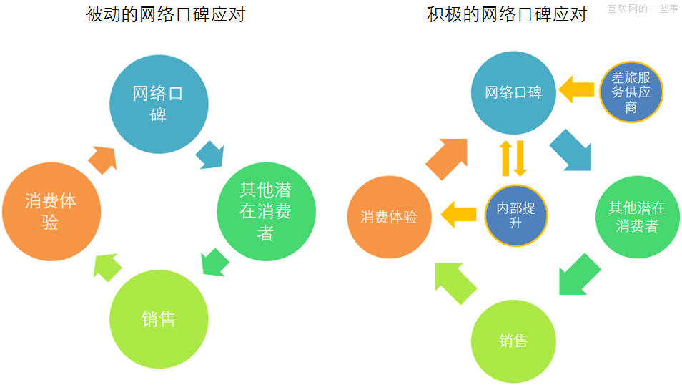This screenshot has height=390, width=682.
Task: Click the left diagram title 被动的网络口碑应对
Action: pos(165,15)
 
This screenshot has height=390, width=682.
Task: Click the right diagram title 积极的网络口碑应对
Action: pos(506,15)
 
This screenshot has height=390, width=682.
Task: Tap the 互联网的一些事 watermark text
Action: pos(643,9)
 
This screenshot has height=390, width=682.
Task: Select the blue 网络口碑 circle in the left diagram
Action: pos(158,104)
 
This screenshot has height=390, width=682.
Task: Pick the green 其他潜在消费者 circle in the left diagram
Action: pos(266,210)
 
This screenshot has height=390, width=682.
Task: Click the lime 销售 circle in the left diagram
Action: pos(158,318)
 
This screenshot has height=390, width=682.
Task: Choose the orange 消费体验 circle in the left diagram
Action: pos(51,211)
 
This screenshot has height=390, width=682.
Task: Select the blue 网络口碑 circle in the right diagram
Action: pos(513,93)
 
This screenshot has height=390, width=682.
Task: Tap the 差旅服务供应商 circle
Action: pos(631,92)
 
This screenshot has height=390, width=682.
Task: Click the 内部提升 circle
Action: pos(516,215)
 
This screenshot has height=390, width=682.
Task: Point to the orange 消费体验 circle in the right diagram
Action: pos(389,216)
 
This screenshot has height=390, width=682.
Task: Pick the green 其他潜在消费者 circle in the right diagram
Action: pos(636,216)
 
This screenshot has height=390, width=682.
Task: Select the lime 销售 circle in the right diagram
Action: pos(513,341)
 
